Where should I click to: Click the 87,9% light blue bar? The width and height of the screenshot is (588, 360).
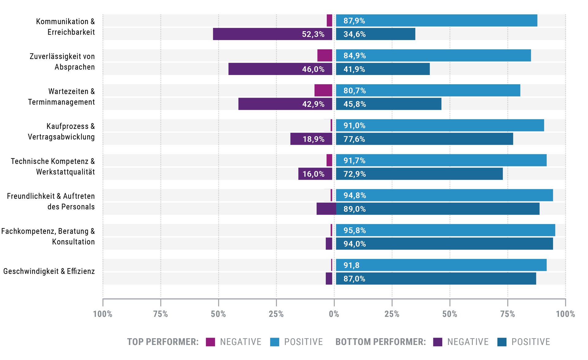point(436,21)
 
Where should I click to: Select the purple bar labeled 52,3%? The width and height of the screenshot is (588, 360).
point(273,34)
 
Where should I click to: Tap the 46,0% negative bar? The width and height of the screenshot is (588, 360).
point(280,69)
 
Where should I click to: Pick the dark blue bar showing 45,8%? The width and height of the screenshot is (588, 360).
point(389,104)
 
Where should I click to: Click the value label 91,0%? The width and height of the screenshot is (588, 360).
point(354,126)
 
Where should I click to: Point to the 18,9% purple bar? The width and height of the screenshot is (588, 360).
point(311,139)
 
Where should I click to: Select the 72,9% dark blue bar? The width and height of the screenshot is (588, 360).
point(419,174)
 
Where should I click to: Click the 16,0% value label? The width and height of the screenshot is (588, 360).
point(313,174)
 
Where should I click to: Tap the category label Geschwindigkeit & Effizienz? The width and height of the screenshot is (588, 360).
point(49,271)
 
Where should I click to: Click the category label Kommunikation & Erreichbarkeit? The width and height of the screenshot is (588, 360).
point(66,27)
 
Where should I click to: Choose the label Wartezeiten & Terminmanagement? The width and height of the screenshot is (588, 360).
point(62,96)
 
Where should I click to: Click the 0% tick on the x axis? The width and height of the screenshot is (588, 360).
point(334,314)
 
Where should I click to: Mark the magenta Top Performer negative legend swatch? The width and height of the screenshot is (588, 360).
point(210,342)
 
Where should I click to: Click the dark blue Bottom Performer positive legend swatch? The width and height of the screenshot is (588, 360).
point(502,342)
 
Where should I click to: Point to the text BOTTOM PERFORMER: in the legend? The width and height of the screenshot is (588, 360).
point(381,342)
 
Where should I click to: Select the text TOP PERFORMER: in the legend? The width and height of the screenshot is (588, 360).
point(163,342)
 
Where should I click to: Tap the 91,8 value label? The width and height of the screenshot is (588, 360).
point(352,265)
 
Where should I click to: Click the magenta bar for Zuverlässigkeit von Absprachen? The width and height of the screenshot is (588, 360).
point(325,55)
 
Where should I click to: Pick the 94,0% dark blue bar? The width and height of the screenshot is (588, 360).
point(444,243)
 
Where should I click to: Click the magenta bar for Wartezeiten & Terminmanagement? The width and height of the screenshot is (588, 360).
point(323,90)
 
